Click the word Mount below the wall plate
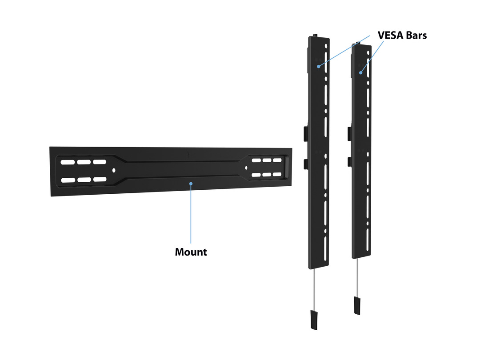[x=191, y=252]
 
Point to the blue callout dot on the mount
[x=191, y=183]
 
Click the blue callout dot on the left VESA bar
[x=319, y=66]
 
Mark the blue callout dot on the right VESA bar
[x=361, y=72]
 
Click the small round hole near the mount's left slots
[x=114, y=170]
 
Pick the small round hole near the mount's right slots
[x=245, y=168]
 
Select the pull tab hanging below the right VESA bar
[x=357, y=304]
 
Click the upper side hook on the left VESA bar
[x=304, y=132]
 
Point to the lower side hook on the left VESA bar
[x=304, y=163]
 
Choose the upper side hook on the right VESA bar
[x=348, y=132]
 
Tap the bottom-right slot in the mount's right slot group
[x=277, y=174]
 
